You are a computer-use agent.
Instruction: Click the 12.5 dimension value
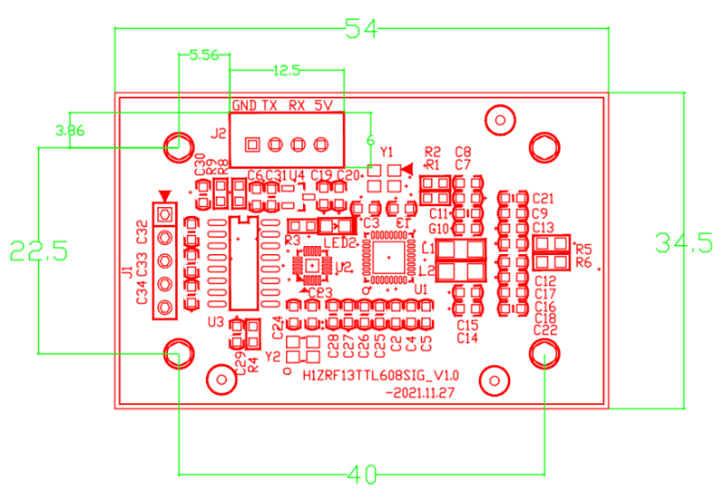[x=287, y=70]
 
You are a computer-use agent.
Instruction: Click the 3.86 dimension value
[x=70, y=130]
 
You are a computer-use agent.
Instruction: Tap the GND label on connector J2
[x=244, y=105]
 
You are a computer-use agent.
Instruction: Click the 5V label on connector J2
[x=324, y=105]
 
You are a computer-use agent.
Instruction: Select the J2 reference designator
[x=218, y=133]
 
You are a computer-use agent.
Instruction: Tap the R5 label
[x=583, y=248]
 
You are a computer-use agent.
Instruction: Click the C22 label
[x=545, y=331]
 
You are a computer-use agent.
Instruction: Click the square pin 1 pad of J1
[x=164, y=215]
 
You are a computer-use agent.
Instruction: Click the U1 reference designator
[x=420, y=289]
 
